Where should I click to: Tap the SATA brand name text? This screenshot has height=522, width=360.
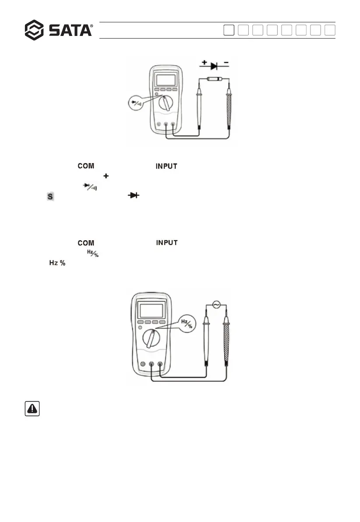click(70, 30)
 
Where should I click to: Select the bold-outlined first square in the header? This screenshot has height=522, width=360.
click(229, 30)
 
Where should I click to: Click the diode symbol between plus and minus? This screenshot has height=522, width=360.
click(214, 66)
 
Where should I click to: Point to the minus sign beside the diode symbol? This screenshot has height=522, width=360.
click(226, 64)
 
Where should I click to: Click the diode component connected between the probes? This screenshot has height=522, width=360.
click(213, 79)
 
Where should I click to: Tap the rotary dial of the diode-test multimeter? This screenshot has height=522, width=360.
click(166, 103)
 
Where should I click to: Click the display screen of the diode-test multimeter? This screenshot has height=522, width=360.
click(166, 81)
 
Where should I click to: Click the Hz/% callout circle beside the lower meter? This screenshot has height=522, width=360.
click(188, 324)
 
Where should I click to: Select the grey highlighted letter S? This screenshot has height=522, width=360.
click(50, 198)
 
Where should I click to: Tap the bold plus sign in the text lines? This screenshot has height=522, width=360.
click(105, 176)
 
